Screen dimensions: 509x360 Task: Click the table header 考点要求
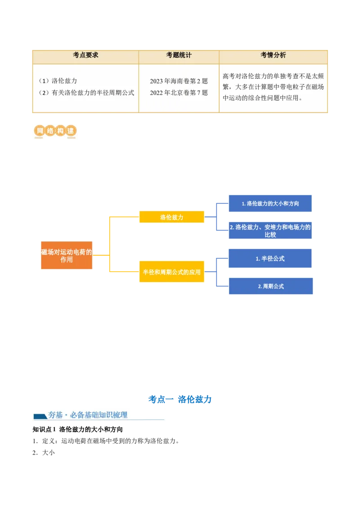click(x=85, y=55)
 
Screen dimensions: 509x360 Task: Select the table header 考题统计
click(x=179, y=55)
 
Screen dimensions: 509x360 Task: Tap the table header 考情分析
click(x=273, y=55)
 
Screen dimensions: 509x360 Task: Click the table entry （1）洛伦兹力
click(x=58, y=81)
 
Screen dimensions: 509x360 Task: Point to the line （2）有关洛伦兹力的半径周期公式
click(x=86, y=93)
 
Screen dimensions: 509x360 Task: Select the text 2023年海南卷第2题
click(x=179, y=81)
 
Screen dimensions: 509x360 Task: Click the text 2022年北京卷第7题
click(x=179, y=93)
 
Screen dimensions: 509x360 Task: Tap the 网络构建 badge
click(x=54, y=131)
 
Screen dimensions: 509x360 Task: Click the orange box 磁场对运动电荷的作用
click(x=67, y=256)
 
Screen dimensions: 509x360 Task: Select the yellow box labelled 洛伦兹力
click(x=171, y=217)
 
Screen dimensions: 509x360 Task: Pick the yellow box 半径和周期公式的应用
click(x=171, y=272)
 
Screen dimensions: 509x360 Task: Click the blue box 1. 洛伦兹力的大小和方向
click(x=270, y=204)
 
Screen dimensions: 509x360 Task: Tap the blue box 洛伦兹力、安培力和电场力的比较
click(x=270, y=231)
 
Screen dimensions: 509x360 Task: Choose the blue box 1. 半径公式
click(x=270, y=259)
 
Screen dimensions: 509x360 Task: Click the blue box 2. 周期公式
click(x=270, y=286)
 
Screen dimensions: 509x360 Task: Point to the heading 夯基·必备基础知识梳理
click(x=88, y=415)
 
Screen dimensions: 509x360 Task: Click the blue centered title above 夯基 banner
click(x=180, y=399)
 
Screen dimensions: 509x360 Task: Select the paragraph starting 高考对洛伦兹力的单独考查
click(x=273, y=87)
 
